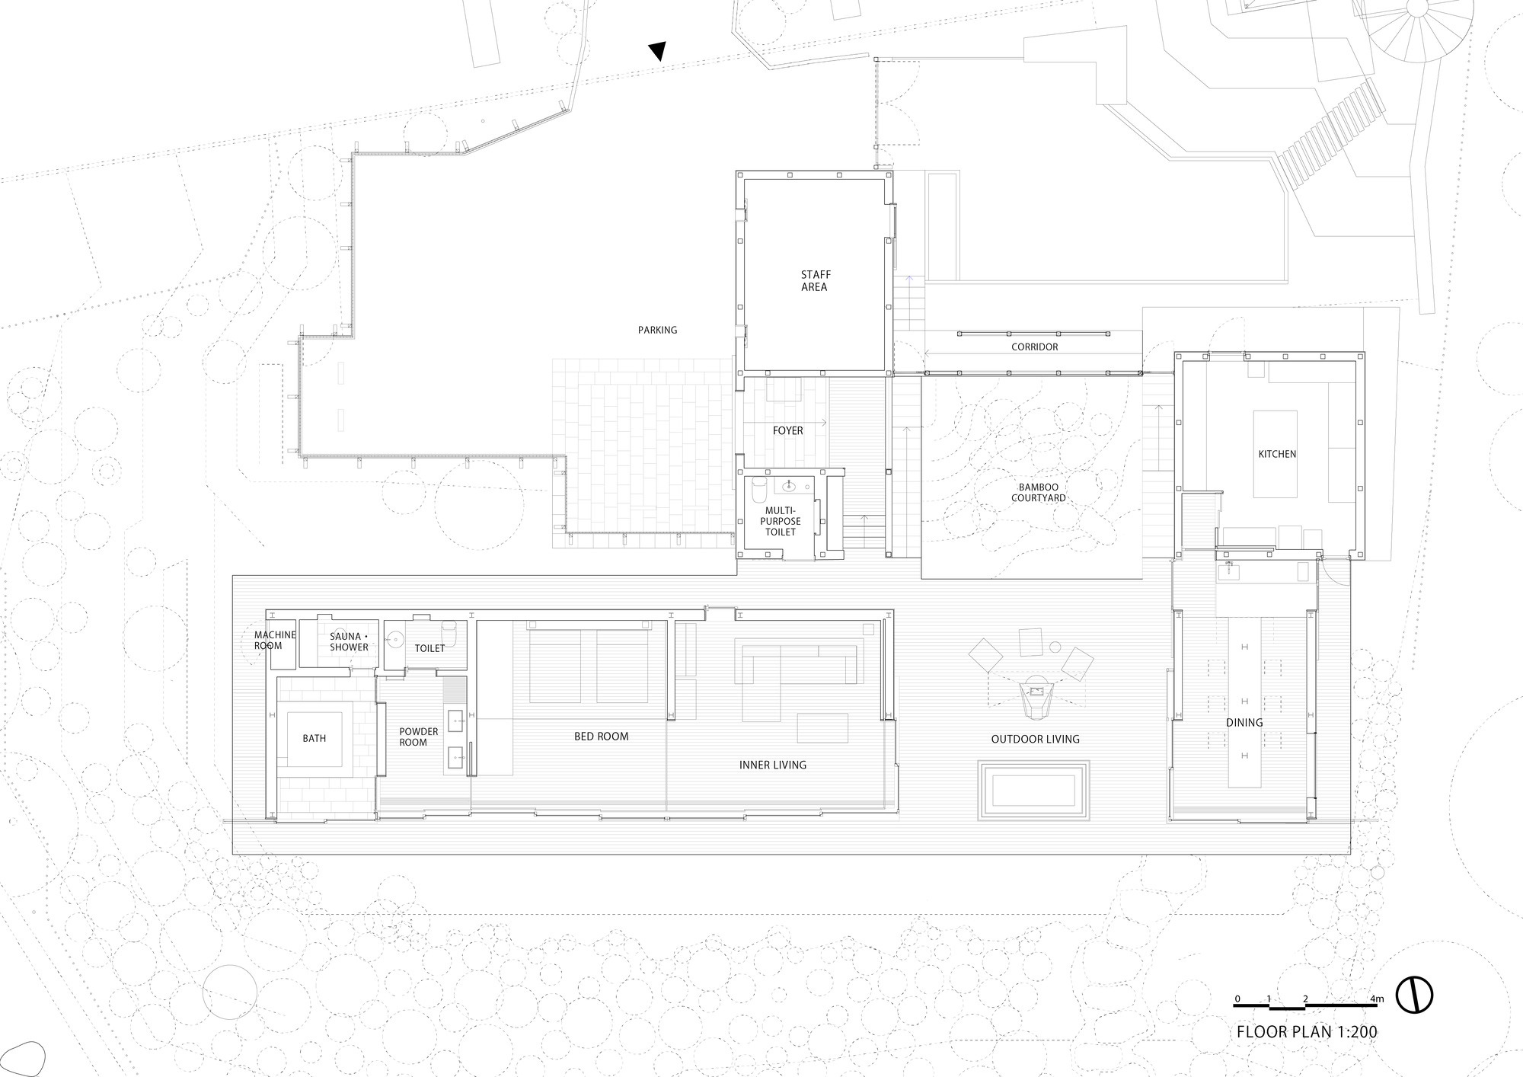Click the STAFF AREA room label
814,280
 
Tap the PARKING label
657,330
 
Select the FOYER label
787,430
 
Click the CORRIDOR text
1034,347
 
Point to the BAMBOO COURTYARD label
1038,493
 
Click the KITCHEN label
1277,454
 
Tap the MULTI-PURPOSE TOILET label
780,521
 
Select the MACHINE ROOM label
274,640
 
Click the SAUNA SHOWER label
349,642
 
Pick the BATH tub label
314,738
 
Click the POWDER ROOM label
418,737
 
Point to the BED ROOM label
601,737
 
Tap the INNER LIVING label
772,765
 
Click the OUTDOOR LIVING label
1035,739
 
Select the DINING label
1244,722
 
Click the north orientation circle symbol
1414,994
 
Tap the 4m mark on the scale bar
1377,999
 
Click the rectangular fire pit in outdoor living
1034,790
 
